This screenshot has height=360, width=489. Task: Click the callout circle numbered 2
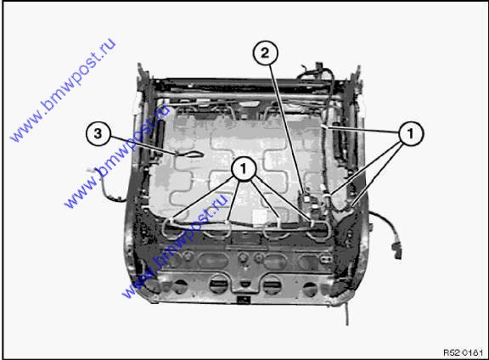pyautogui.click(x=265, y=53)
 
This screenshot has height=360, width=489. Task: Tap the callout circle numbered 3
pyautogui.click(x=98, y=134)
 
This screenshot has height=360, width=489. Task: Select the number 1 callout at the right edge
pyautogui.click(x=411, y=133)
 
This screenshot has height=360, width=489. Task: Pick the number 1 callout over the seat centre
pyautogui.click(x=244, y=169)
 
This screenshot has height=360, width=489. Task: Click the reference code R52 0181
pyautogui.click(x=463, y=352)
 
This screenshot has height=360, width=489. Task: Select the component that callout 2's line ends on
pyautogui.click(x=306, y=200)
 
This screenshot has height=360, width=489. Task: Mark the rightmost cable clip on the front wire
pyautogui.click(x=312, y=222)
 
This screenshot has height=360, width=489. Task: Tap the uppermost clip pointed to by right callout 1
pyautogui.click(x=324, y=127)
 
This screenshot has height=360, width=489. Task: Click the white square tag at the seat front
pyautogui.click(x=260, y=217)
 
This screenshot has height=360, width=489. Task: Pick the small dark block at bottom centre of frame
pyautogui.click(x=244, y=300)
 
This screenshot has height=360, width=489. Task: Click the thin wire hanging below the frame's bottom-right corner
pyautogui.click(x=346, y=312)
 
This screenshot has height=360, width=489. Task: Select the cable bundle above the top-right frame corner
pyautogui.click(x=315, y=72)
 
